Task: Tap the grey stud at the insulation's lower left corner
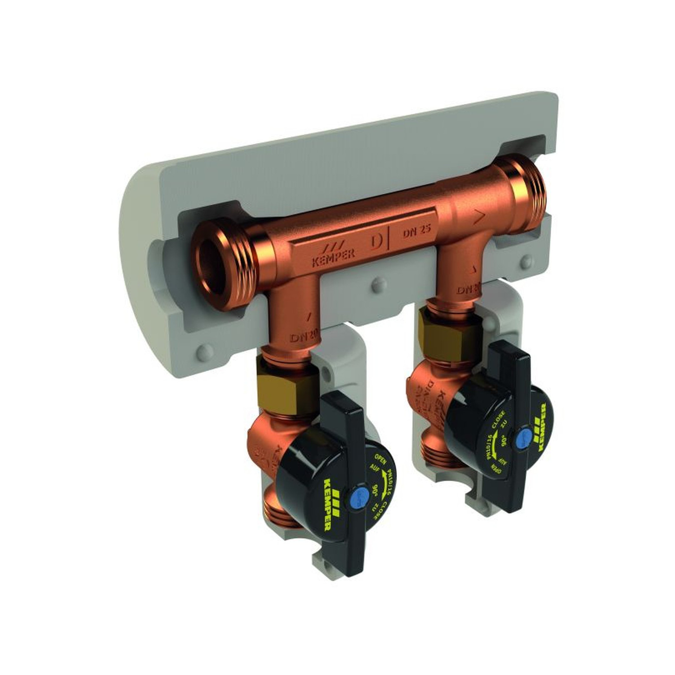(x=205, y=352)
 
